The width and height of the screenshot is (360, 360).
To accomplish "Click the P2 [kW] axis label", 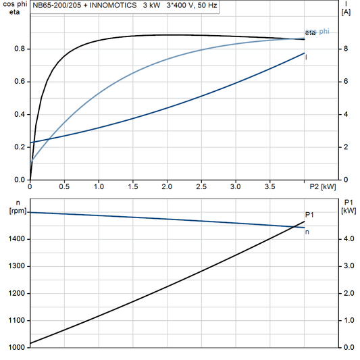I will coord(322,186).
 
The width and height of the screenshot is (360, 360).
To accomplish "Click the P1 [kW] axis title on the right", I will coord(349,206).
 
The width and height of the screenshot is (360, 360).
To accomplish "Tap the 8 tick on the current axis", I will coord(346,49).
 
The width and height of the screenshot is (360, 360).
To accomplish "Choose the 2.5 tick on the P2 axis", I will coord(201,186).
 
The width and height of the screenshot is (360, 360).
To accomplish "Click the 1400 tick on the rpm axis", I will coord(18,239).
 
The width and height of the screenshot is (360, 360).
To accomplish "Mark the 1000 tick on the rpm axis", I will coord(18,347).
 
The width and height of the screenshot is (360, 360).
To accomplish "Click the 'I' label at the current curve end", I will coord(307,57).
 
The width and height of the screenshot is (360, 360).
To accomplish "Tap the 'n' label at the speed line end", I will coord(307,232).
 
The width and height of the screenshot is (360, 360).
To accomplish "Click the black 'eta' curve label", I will coord(310,33).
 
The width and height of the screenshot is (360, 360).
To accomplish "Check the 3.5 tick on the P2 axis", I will coord(270,186).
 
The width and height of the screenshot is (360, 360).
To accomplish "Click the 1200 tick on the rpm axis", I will coord(18,293).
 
